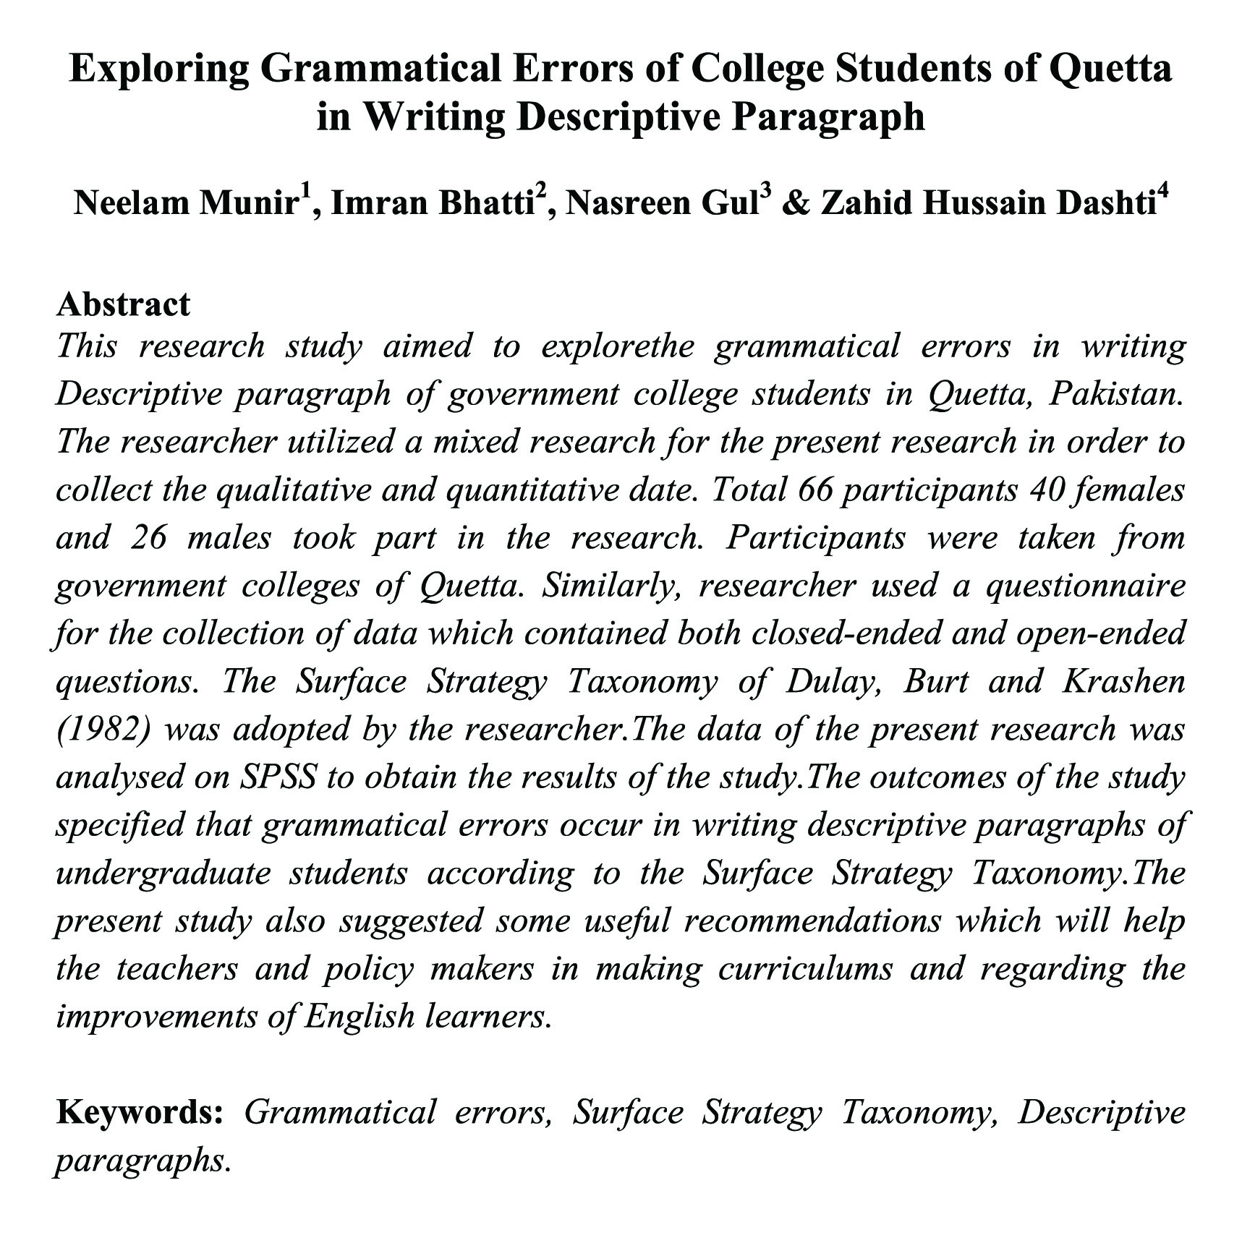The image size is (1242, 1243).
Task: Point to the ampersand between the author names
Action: (x=796, y=204)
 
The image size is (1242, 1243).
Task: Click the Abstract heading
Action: (x=123, y=304)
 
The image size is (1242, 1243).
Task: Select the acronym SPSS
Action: (x=277, y=777)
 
